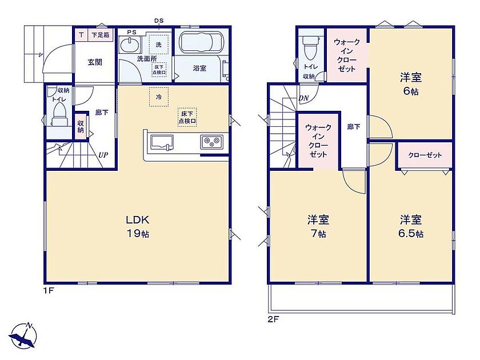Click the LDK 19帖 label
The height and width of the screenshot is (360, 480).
138,226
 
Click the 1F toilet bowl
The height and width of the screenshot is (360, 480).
59,114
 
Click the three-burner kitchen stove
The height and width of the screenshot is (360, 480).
212,142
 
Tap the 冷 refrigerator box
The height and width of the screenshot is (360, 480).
159,97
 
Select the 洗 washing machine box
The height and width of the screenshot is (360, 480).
159,45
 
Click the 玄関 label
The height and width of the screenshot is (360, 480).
95,62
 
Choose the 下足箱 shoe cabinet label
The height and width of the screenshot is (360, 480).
101,35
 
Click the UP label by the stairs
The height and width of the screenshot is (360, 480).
103,155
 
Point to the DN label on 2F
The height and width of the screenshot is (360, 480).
303,98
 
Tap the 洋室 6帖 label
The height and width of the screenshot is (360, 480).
410,83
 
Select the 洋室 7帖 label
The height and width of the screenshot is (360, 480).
318,226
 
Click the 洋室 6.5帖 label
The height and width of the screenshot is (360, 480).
411,226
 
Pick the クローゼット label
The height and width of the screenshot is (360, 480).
425,155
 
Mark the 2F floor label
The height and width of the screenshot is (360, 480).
273,319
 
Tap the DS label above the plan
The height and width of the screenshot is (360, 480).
159,21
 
